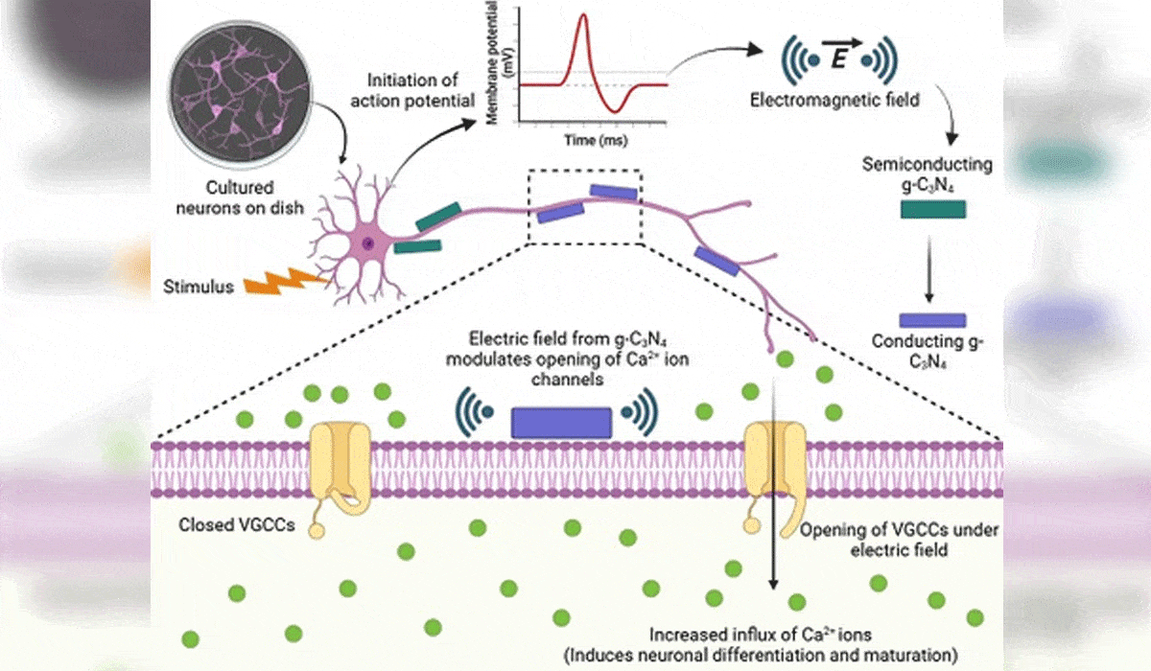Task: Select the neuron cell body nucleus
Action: click(367, 243)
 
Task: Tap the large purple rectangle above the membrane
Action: click(561, 423)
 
